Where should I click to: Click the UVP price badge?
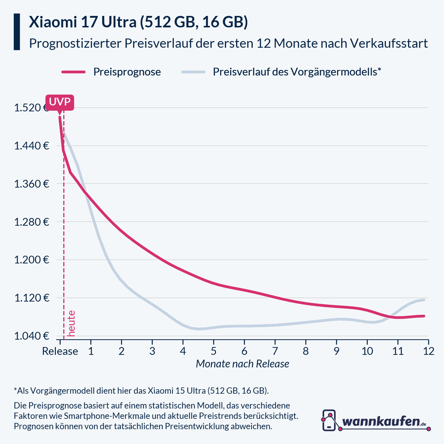coord(60,102)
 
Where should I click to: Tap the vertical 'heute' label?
coord(71,323)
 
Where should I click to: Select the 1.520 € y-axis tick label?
coord(31,108)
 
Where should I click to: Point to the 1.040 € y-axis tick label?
coord(31,336)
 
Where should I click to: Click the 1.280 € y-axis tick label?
coord(31,222)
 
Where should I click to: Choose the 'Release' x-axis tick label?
coord(60,351)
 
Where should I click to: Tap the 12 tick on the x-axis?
coord(428,351)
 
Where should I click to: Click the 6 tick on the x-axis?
coord(244,351)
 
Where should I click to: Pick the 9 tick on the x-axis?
coord(336,351)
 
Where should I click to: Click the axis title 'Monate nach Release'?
coord(242,364)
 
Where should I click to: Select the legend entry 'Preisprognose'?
coord(127,72)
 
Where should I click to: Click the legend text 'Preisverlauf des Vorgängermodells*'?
coord(297,72)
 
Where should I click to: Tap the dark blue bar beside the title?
coord(17,32)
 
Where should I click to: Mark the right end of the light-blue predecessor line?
coord(424,300)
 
